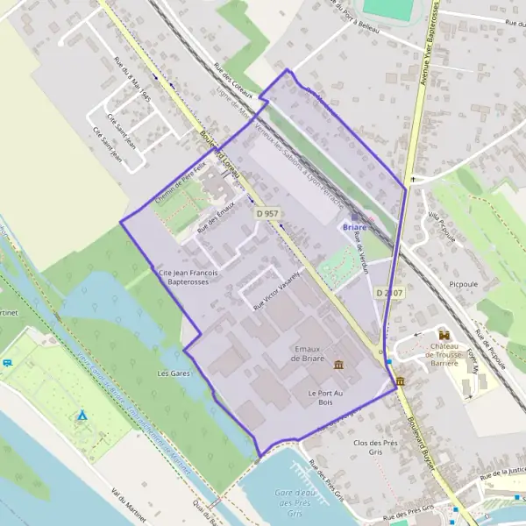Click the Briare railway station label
pyautogui.click(x=354, y=227)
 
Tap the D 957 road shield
pyautogui.click(x=267, y=213)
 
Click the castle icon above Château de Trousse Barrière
pyautogui.click(x=444, y=335)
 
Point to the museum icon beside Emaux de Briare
pyautogui.click(x=338, y=364)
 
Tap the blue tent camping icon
pyautogui.click(x=82, y=415)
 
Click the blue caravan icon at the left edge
pyautogui.click(x=8, y=361)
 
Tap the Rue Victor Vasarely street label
pyautogui.click(x=276, y=289)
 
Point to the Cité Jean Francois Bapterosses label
pyautogui.click(x=188, y=278)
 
